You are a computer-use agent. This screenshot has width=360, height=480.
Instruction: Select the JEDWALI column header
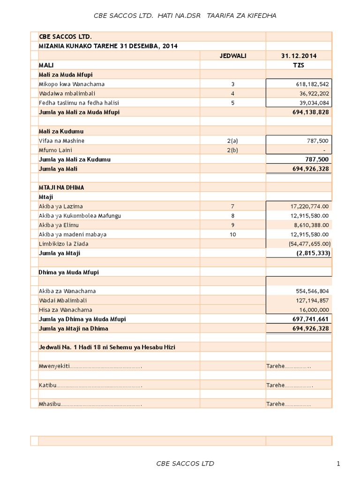(232, 56)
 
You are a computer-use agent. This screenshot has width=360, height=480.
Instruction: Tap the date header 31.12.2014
(299, 56)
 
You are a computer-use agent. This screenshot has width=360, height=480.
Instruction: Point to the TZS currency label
(299, 65)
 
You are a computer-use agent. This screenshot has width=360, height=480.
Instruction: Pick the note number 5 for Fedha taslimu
(232, 103)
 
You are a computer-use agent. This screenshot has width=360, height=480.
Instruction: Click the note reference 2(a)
(232, 141)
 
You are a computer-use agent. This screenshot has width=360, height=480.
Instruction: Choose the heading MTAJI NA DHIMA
(62, 187)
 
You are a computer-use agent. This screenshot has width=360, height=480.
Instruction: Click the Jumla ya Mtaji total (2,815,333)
(313, 253)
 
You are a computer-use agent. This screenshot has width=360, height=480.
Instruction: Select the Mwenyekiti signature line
(90, 366)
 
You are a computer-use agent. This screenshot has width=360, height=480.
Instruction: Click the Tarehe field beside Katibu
(289, 385)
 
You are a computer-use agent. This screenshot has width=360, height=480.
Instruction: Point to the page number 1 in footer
(338, 464)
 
